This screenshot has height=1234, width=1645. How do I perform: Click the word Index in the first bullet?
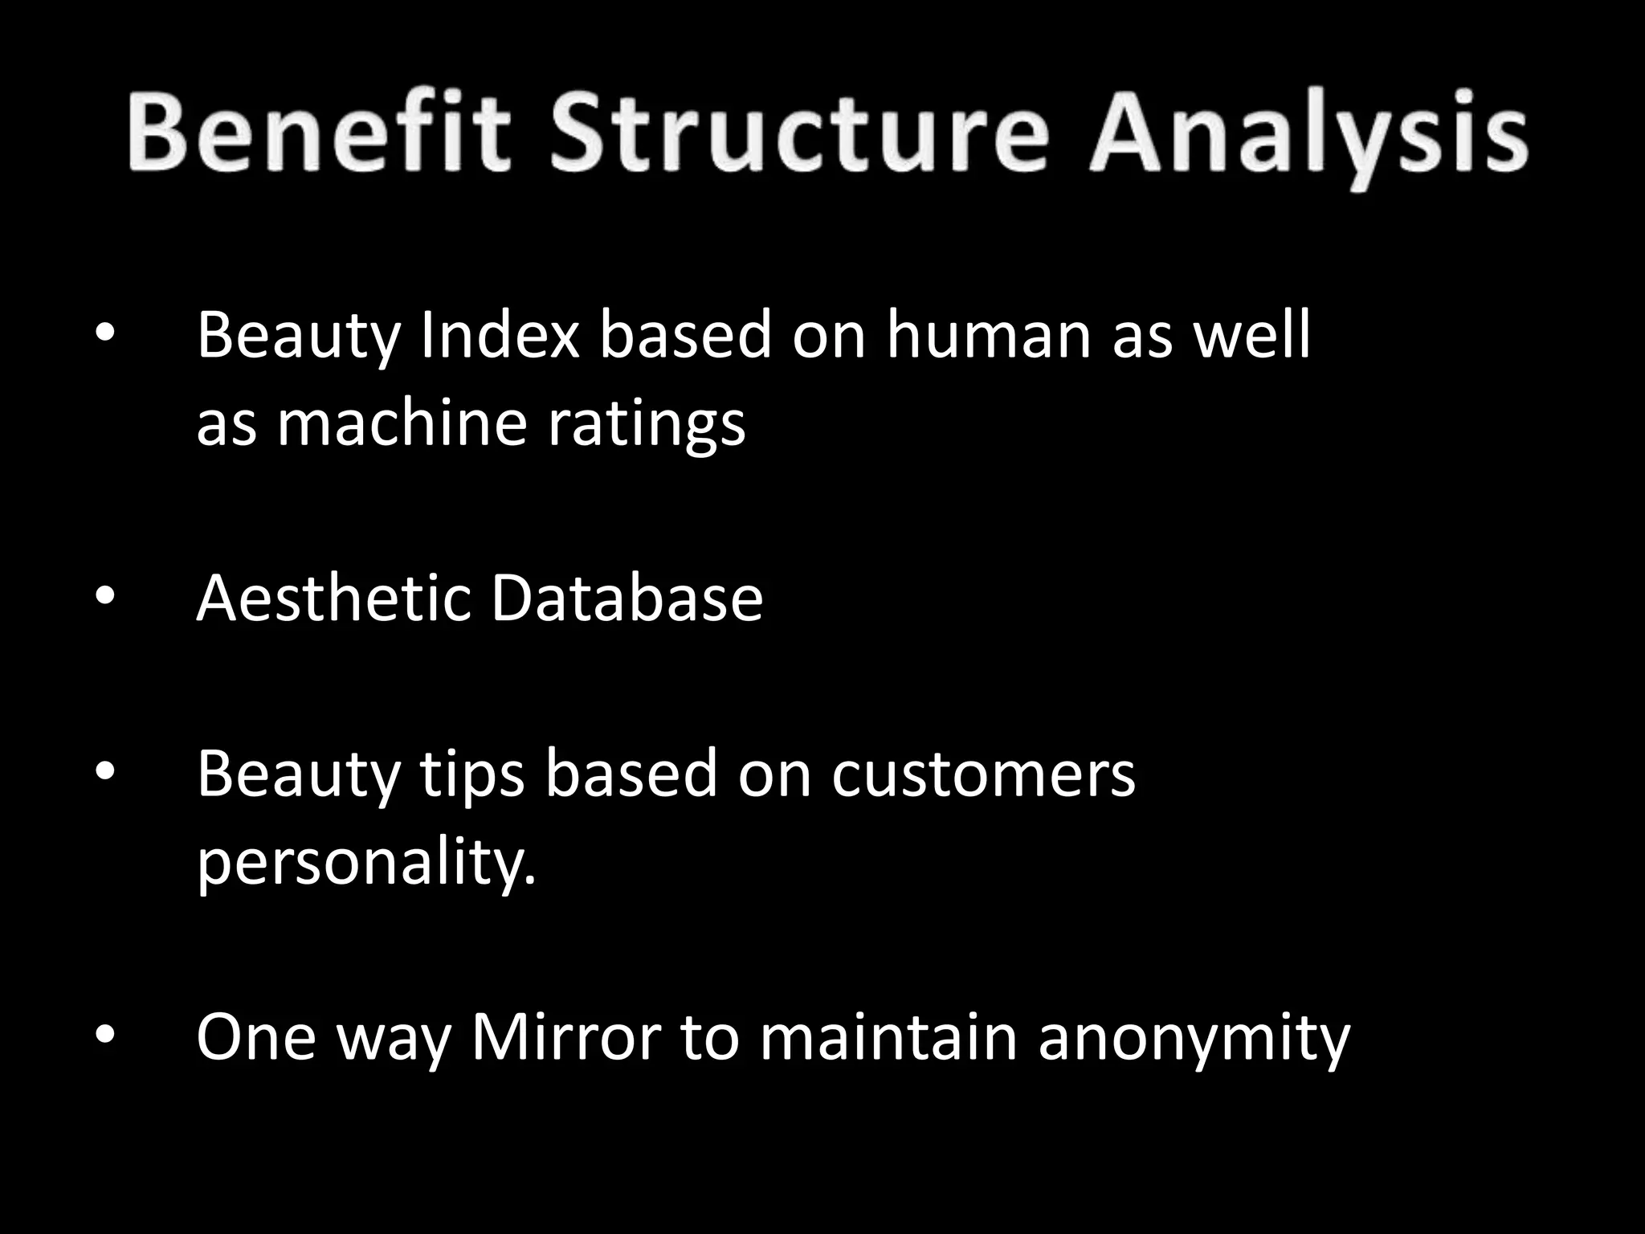tap(500, 335)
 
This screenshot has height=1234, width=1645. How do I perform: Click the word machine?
tap(401, 423)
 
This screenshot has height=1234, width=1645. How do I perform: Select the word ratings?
tap(647, 426)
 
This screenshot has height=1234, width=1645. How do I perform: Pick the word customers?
tap(983, 775)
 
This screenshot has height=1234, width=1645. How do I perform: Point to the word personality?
tap(365, 864)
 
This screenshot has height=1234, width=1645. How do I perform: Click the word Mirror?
tap(566, 1038)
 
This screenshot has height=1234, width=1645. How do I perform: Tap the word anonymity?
tap(1194, 1040)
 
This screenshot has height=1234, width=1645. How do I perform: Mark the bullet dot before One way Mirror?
tap(105, 1036)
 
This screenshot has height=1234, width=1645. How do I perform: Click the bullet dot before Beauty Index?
tap(105, 333)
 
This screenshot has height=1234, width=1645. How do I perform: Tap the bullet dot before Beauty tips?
tap(105, 773)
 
